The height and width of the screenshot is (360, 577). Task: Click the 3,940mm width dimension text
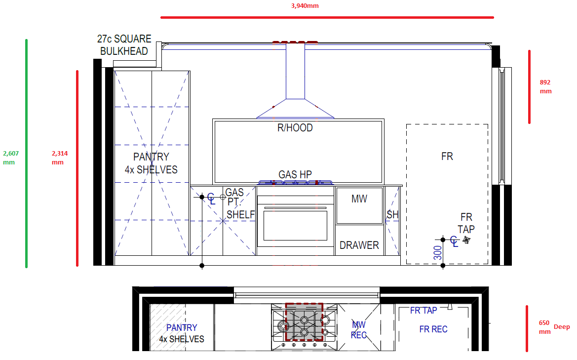(305, 6)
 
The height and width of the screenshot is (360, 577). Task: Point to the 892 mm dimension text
(545, 86)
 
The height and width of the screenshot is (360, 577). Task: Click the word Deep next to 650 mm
(562, 327)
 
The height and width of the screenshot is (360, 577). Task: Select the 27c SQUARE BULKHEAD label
(124, 45)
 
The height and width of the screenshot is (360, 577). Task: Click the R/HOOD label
(295, 128)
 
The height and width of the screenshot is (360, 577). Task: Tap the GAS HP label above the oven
(295, 174)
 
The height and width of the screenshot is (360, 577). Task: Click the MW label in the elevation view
(359, 199)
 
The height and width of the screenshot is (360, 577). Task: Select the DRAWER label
(359, 245)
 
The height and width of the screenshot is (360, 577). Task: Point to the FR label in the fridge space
(447, 157)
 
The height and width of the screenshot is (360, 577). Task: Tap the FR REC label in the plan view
(433, 329)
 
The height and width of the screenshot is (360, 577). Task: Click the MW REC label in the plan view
(359, 330)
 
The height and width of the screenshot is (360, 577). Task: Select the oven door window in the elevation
(295, 226)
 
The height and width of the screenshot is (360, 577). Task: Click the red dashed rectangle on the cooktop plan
(304, 322)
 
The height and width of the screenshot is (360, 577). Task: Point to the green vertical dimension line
(26, 153)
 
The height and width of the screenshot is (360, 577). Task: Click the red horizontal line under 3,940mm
(327, 17)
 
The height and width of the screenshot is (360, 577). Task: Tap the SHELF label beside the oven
(241, 215)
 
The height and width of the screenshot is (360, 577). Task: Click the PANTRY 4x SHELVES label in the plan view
(182, 333)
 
